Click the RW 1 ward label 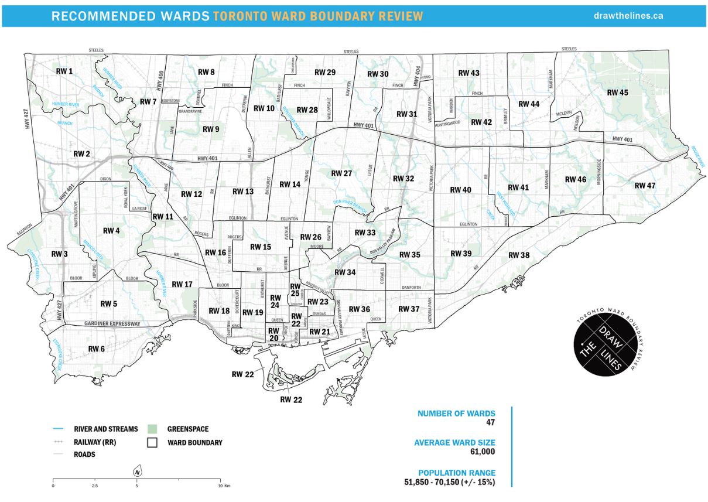click(64, 71)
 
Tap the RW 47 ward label click(645, 186)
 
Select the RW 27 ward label click(341, 173)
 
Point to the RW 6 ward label click(97, 349)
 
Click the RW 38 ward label click(518, 255)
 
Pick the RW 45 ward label click(617, 93)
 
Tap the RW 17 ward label click(181, 284)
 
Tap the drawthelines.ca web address click(628, 16)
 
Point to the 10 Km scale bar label click(223, 486)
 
